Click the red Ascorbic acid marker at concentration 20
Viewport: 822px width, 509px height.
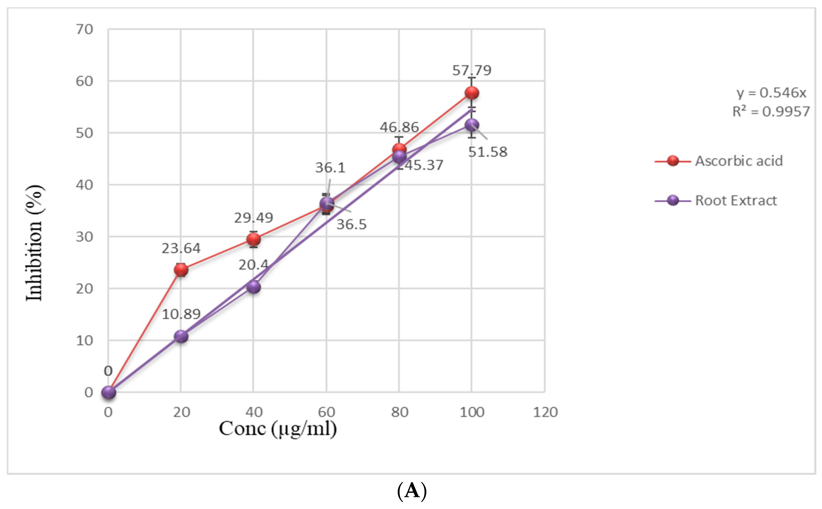coord(181,270)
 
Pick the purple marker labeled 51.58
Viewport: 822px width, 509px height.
coord(472,125)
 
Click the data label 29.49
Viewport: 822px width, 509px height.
coord(253,218)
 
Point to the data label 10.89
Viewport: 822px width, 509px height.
coord(181,314)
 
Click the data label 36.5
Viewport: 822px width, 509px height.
coord(351,224)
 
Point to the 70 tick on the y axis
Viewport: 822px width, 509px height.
coord(84,30)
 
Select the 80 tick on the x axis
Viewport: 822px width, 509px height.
coord(399,412)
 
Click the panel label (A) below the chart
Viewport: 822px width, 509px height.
coord(412,491)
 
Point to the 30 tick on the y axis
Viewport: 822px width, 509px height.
coord(84,237)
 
